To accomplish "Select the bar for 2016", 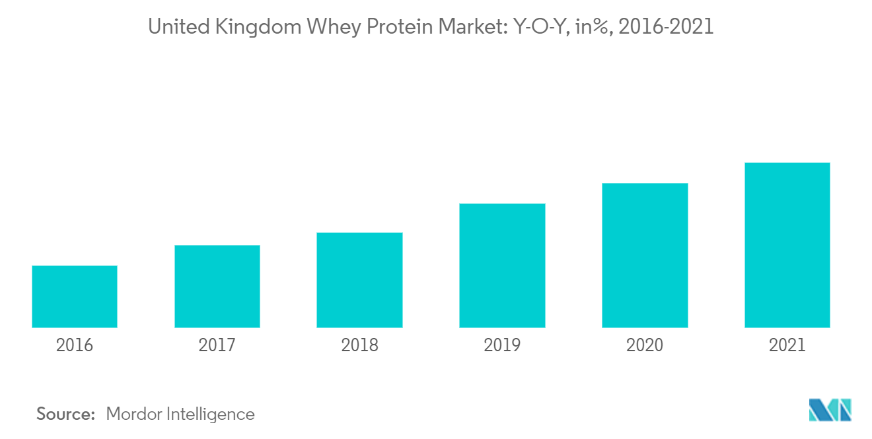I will click(x=75, y=296).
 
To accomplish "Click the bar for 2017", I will click(x=217, y=286).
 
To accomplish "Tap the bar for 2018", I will click(x=359, y=280).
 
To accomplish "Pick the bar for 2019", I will click(x=502, y=265).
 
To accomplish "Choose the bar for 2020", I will click(x=645, y=255).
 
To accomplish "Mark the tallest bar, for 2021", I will click(x=787, y=245).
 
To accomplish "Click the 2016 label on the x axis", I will click(x=75, y=345).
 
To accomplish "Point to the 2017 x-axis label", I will click(x=217, y=345).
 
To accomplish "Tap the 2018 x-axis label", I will click(x=359, y=345).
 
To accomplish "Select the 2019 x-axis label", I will click(x=502, y=345).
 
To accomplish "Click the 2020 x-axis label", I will click(x=645, y=345).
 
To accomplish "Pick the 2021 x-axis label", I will click(x=787, y=345).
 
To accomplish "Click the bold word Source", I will click(x=66, y=414).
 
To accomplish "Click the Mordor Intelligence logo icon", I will click(x=830, y=410).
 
